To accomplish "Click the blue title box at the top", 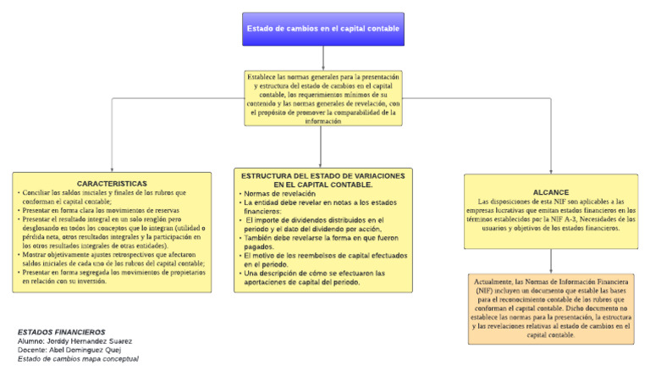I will (x=322, y=29).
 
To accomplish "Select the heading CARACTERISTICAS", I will (x=112, y=183).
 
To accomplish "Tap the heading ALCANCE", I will (x=551, y=192).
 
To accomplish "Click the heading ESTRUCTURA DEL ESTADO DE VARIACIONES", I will (x=323, y=179).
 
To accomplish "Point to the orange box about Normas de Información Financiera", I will (x=551, y=307).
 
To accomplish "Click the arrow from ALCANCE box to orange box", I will (x=551, y=260).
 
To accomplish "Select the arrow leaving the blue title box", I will (x=323, y=57).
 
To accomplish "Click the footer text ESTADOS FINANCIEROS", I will (x=62, y=332).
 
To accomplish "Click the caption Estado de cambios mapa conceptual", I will (x=78, y=359).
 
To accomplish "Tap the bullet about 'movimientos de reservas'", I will (x=102, y=210).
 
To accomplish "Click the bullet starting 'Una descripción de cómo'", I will (x=313, y=277).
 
